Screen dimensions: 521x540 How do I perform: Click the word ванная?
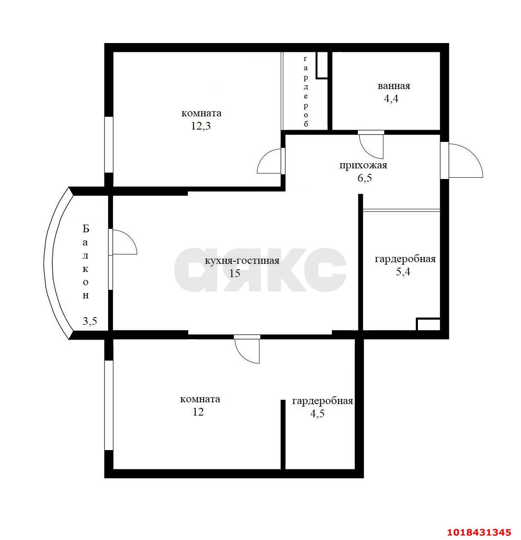click(x=394, y=86)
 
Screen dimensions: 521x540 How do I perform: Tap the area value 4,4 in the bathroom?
click(x=391, y=99)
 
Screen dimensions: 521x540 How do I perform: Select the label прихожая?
click(x=363, y=165)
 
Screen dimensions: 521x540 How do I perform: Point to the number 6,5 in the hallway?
click(x=364, y=178)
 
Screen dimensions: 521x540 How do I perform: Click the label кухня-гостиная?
click(x=242, y=261)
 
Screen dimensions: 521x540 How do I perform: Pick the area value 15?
click(x=234, y=273)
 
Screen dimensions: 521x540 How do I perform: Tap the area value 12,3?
click(x=201, y=126)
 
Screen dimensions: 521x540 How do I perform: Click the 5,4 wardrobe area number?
click(x=403, y=271)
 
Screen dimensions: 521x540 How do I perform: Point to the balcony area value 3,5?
click(x=90, y=321)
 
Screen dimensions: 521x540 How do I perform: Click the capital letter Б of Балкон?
click(x=86, y=229)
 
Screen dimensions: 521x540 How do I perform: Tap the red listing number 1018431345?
click(x=478, y=532)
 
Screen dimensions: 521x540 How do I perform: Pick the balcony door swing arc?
click(x=130, y=236)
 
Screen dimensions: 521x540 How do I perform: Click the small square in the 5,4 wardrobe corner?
click(x=428, y=324)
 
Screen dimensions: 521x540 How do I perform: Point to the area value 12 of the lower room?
click(x=198, y=412)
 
